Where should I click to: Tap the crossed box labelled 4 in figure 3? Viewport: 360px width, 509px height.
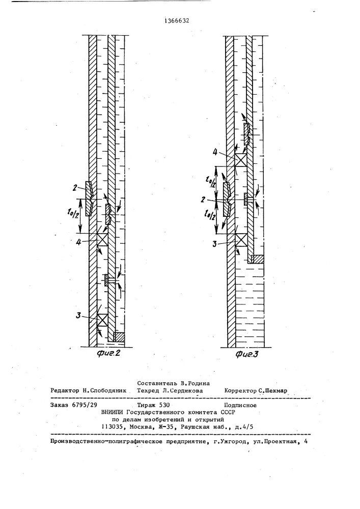240,159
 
